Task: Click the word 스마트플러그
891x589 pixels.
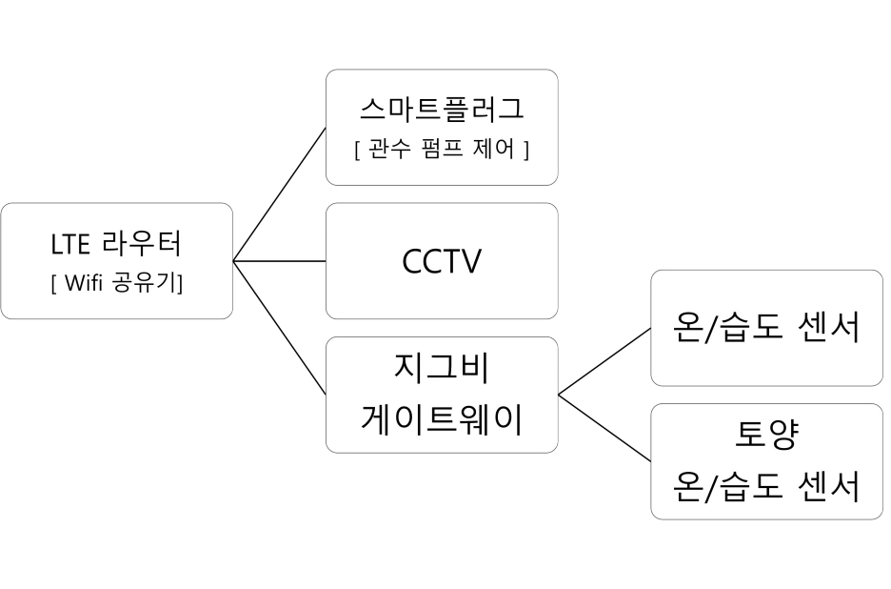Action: (442, 109)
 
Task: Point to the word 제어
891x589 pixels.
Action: (493, 151)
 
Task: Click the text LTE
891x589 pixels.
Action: (70, 245)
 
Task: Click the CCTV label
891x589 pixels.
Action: (442, 261)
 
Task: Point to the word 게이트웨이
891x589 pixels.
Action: (442, 418)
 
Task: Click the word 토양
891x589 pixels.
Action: (766, 437)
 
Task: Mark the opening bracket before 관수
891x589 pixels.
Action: (357, 151)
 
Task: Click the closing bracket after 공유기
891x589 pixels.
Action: (182, 283)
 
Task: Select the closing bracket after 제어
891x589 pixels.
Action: (525, 151)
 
